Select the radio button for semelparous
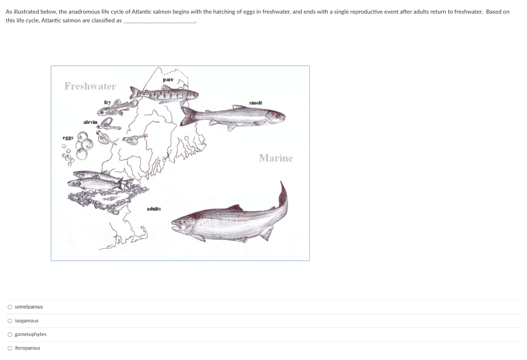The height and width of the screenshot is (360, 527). pos(10,307)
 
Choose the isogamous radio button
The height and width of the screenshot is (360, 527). pos(10,321)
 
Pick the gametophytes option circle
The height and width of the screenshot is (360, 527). pos(10,334)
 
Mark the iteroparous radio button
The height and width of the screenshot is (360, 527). pos(10,348)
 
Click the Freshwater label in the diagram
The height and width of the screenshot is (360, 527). pos(90,86)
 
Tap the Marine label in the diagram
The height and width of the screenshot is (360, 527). pos(275,158)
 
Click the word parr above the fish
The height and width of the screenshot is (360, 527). pos(168,80)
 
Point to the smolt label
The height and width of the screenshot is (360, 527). pos(255,103)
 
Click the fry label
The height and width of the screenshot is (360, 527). pos(108,102)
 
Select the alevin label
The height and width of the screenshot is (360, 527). pos(90,122)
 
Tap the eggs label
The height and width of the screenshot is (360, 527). pos(68,138)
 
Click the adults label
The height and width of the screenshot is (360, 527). pos(153,209)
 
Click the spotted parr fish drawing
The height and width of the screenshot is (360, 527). pos(165,94)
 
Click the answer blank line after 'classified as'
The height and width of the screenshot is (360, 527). pos(160,21)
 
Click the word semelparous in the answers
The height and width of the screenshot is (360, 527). pos(29,307)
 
